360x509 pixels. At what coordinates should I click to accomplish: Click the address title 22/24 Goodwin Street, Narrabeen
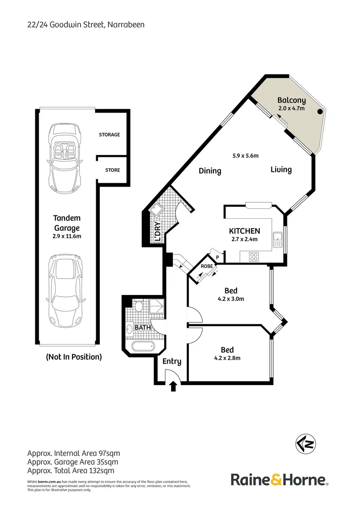tap(86, 25)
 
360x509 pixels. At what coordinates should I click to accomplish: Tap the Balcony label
tap(291, 100)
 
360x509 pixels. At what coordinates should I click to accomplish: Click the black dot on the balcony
tap(320, 112)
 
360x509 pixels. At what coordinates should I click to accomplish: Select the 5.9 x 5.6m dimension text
tap(245, 156)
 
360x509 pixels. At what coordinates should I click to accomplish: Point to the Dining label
tap(210, 171)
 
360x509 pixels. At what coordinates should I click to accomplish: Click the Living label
tap(281, 170)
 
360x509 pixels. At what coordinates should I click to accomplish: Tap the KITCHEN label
tap(244, 231)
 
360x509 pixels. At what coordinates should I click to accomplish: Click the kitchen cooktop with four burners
tap(254, 257)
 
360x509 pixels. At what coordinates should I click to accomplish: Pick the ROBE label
tap(206, 266)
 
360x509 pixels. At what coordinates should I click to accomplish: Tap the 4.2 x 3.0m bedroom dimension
tap(231, 299)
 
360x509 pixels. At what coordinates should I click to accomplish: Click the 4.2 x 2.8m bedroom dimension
tap(228, 358)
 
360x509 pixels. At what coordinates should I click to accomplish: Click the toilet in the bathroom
tap(139, 307)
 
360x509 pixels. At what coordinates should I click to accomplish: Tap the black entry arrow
tap(173, 386)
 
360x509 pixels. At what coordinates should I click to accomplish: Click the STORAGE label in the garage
tap(109, 135)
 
